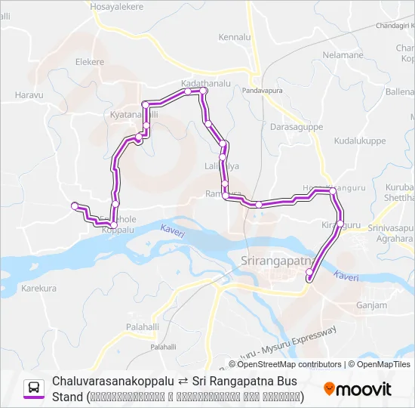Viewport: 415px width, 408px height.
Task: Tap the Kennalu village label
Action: tap(234, 36)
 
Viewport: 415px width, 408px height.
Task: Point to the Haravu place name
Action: tap(29, 95)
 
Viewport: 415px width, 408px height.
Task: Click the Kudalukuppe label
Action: tap(359, 141)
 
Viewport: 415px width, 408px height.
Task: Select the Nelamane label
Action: tap(343, 55)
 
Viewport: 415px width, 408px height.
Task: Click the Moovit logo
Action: tap(358, 389)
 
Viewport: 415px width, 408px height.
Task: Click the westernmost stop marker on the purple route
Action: tap(74, 206)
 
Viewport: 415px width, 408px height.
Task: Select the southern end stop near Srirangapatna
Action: tap(309, 280)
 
